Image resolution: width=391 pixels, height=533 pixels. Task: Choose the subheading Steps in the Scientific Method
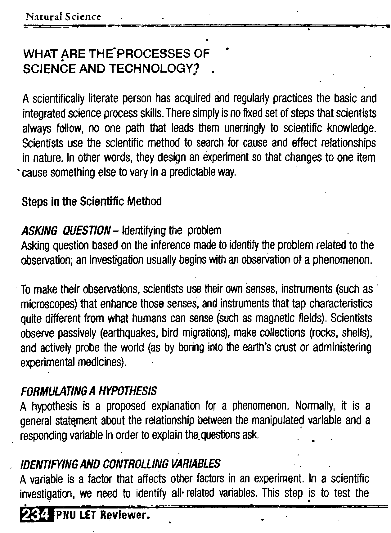coord(92,202)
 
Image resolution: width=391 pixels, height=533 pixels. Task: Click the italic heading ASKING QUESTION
coord(65,231)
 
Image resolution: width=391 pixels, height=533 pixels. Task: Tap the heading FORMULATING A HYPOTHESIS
coord(89,391)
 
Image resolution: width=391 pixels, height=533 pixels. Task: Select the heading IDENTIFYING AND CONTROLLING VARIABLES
coord(120,464)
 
